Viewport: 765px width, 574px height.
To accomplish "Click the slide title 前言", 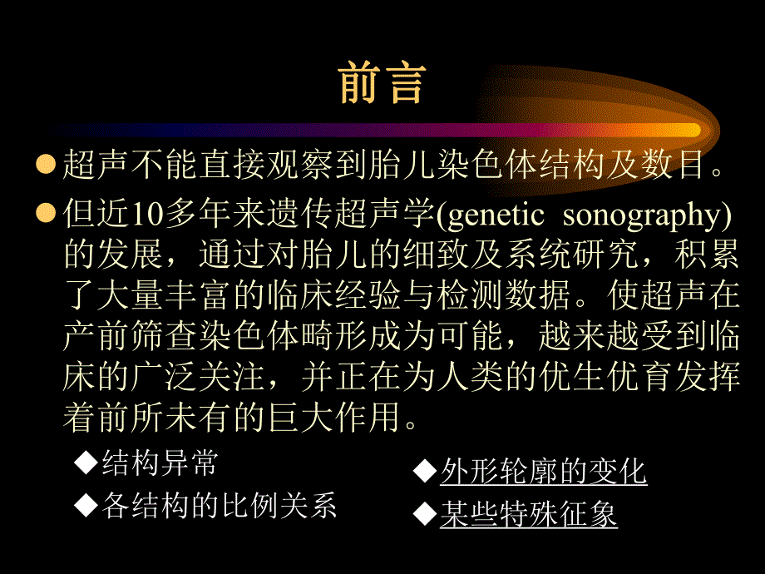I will (x=382, y=83).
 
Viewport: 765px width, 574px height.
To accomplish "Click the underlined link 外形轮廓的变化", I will (x=544, y=472).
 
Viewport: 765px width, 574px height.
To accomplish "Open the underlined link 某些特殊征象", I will (x=529, y=514).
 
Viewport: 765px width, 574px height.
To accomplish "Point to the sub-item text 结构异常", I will (x=159, y=463).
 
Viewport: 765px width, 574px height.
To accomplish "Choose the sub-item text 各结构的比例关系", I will (x=219, y=505).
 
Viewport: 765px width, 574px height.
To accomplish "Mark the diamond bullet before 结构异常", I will (x=85, y=462).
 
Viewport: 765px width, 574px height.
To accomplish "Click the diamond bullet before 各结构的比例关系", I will (x=85, y=504).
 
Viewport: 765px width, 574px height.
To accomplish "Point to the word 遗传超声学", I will (x=350, y=214).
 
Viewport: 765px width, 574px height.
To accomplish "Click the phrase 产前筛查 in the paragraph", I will (x=134, y=336).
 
